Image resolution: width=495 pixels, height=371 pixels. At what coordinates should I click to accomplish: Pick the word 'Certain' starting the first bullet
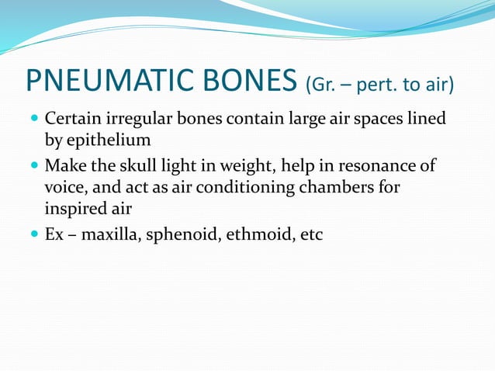coord(70,121)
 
